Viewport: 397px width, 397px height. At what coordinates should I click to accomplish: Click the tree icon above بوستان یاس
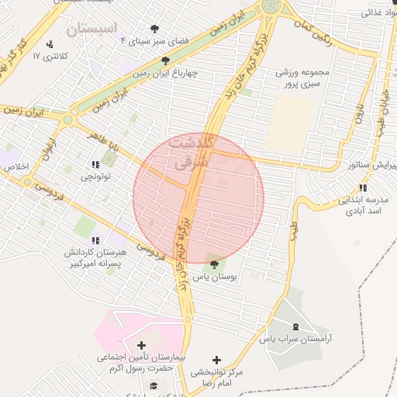point(214,265)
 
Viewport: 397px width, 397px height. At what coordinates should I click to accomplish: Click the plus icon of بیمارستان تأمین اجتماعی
point(140,345)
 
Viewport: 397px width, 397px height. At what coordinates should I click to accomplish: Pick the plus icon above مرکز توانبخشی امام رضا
point(216,360)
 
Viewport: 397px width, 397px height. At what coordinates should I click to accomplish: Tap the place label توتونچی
point(97,177)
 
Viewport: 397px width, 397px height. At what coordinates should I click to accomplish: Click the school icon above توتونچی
point(96,164)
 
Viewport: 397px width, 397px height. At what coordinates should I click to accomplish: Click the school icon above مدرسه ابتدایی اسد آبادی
point(363,188)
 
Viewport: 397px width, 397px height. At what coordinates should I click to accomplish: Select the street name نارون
point(358,116)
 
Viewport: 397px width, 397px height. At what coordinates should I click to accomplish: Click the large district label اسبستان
point(91,30)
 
